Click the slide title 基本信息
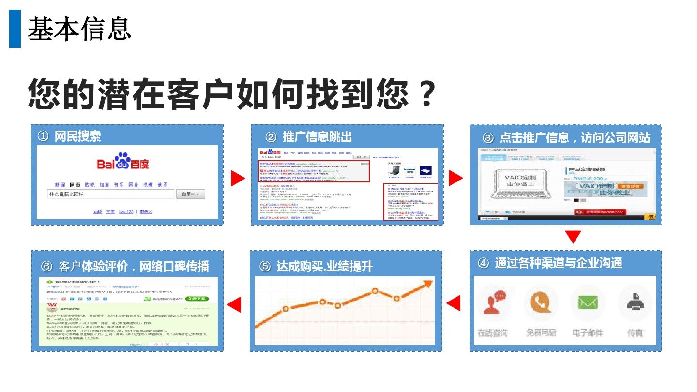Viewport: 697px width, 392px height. pos(79,29)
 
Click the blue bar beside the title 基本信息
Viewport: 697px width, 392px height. pos(15,29)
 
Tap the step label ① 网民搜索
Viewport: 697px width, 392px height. pos(69,136)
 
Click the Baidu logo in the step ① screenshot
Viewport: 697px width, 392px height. pos(123,162)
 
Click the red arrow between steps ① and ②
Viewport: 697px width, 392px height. pos(237,178)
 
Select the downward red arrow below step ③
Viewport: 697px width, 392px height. pos(573,237)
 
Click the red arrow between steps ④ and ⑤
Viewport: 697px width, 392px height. pos(453,304)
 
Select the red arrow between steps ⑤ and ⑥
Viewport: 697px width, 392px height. pos(234,304)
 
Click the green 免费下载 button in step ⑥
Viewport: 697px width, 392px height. pos(197,299)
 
